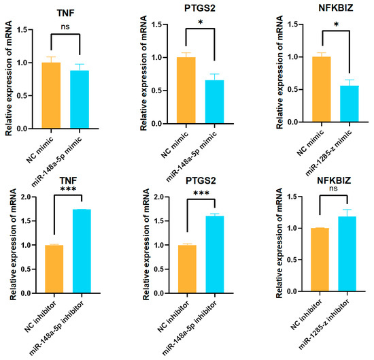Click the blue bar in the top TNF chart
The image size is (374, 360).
click(x=80, y=99)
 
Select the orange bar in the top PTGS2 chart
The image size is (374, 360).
click(x=186, y=91)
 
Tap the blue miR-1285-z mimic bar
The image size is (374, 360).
click(x=350, y=104)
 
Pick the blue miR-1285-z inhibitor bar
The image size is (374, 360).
click(x=347, y=254)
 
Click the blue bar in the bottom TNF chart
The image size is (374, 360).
click(x=82, y=251)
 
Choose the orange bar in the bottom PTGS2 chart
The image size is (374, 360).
click(x=187, y=269)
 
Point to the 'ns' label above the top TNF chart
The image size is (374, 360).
click(x=65, y=27)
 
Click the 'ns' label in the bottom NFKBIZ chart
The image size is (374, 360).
click(x=333, y=189)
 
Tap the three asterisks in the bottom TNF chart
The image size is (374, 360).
click(x=68, y=190)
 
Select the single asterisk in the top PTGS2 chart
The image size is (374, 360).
click(x=201, y=22)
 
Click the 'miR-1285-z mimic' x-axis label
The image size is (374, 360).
click(x=328, y=153)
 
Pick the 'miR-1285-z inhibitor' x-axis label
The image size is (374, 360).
click(x=324, y=324)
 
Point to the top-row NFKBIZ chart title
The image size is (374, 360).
click(x=336, y=8)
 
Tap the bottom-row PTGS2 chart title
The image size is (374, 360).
click(x=201, y=180)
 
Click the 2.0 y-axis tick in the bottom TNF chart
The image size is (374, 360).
click(x=26, y=197)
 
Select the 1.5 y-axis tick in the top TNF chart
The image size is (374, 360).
click(x=22, y=29)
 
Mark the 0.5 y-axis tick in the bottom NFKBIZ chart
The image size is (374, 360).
click(x=292, y=260)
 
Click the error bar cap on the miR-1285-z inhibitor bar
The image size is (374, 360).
click(x=347, y=210)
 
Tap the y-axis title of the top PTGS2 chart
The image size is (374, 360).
click(x=143, y=73)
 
